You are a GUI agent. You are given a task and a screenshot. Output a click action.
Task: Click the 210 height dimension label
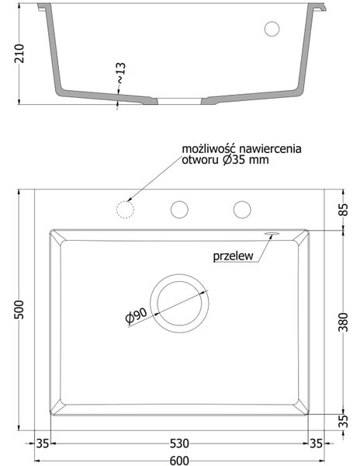click(x=19, y=54)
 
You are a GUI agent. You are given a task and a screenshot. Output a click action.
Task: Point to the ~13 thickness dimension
click(x=120, y=73)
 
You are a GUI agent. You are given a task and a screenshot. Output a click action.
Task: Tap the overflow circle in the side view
click(x=272, y=29)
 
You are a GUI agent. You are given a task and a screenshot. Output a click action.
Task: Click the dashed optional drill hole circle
click(x=125, y=210)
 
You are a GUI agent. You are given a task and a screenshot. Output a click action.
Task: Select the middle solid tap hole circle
click(x=179, y=210)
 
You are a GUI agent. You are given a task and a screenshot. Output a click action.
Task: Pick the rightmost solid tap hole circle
click(x=242, y=210)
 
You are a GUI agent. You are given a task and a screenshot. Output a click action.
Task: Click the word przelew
click(x=234, y=256)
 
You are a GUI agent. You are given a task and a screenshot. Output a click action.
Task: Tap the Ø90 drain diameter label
click(x=137, y=315)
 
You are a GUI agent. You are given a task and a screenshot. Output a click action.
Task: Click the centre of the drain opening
click(x=179, y=304)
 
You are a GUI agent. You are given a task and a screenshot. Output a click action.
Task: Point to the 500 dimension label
click(x=19, y=309)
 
